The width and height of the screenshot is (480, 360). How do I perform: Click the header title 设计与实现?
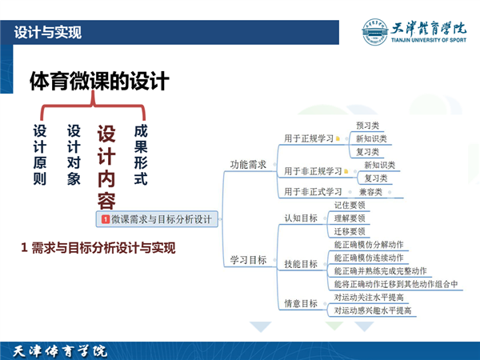(48, 33)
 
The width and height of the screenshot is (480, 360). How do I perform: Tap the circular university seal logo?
(374, 32)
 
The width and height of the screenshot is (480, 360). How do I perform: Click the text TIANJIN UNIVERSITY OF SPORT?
(429, 40)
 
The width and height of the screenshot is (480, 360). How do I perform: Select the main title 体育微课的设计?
(99, 81)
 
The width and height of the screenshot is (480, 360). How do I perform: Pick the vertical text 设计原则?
(40, 155)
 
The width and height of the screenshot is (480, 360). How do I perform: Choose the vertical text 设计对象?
(74, 155)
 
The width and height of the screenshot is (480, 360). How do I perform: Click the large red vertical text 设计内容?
(106, 167)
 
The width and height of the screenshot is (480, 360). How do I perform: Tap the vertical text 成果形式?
(141, 155)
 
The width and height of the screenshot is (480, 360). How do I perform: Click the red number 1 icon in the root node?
(106, 219)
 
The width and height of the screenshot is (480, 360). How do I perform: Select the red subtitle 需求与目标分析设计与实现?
(103, 248)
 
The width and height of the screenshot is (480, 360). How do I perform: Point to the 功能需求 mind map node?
(248, 165)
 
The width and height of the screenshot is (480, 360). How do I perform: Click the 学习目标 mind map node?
(248, 260)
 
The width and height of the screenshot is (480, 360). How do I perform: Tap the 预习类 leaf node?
(368, 126)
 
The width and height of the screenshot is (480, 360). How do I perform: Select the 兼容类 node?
(370, 192)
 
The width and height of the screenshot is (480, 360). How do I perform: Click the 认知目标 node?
(301, 218)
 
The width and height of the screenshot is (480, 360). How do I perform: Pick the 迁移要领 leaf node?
(350, 231)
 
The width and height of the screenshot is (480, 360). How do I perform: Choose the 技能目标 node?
(301, 264)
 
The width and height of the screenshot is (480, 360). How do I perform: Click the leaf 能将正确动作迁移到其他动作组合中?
(396, 284)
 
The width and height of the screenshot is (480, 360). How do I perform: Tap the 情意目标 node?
(301, 303)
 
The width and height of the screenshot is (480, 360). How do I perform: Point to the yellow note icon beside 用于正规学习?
(338, 138)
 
